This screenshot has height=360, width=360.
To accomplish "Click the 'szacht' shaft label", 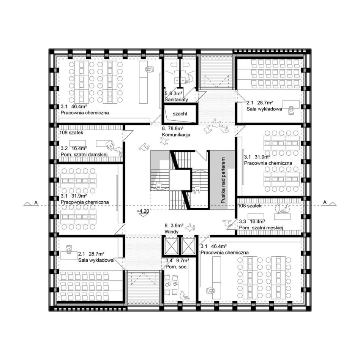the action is click(x=180, y=114).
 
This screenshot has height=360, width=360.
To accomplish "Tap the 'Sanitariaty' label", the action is click(x=176, y=99).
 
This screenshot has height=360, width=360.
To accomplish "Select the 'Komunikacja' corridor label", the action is click(x=176, y=135).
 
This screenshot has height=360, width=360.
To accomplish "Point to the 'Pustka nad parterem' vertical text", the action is click(x=223, y=180).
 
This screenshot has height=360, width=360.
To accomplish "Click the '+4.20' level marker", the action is click(x=142, y=211).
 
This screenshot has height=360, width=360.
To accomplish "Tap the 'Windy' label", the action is click(x=171, y=232).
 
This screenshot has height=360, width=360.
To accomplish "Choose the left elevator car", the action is click(x=172, y=246).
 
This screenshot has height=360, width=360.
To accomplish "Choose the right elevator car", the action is click(x=188, y=246).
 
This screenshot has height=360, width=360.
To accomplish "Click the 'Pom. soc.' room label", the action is click(x=177, y=267).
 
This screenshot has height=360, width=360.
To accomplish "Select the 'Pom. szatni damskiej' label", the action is click(x=84, y=155).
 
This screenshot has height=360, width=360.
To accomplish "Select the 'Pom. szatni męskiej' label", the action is click(x=261, y=228).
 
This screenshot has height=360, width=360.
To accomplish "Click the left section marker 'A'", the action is click(x=36, y=202).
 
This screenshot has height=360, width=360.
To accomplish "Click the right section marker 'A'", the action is click(x=325, y=202).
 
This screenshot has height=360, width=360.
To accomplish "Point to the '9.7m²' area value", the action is click(x=183, y=261).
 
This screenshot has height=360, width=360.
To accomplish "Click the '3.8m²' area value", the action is click(x=177, y=226).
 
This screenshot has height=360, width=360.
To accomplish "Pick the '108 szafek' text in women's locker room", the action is click(x=71, y=133).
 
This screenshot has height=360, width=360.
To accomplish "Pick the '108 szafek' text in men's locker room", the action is click(x=249, y=206).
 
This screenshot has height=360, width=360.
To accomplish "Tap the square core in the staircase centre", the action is click(x=180, y=180).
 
